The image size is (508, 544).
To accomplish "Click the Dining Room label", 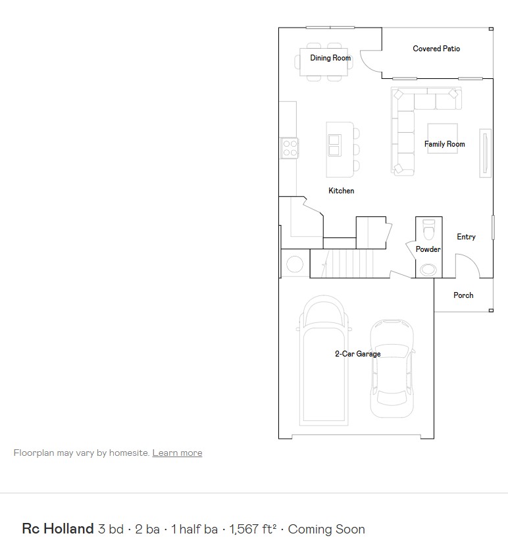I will click(x=330, y=58).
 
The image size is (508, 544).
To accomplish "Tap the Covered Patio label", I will click(x=436, y=49).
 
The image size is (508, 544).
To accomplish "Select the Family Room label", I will click(x=444, y=144).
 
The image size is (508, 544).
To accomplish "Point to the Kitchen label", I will click(x=342, y=191).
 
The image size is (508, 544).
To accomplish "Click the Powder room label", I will click(x=428, y=249).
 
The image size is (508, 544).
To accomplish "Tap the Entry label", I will click(x=466, y=237).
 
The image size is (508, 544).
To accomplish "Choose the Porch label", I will click(x=463, y=295).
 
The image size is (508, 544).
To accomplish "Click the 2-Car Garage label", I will click(x=357, y=354).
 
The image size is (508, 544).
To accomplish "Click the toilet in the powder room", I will click(x=429, y=230).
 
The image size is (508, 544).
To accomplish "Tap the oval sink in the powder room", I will click(x=428, y=268).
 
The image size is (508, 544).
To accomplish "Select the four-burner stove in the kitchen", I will click(x=290, y=147).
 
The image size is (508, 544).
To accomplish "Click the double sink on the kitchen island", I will click(x=334, y=145).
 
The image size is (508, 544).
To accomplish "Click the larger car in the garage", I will click(x=322, y=362).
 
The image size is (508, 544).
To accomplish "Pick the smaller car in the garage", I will click(x=392, y=368).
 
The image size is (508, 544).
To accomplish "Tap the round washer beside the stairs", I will click(x=294, y=264).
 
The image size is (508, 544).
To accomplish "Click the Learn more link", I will click(x=177, y=453).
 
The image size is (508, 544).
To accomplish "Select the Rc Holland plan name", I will click(x=58, y=529).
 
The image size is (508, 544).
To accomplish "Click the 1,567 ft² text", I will click(x=253, y=529).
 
